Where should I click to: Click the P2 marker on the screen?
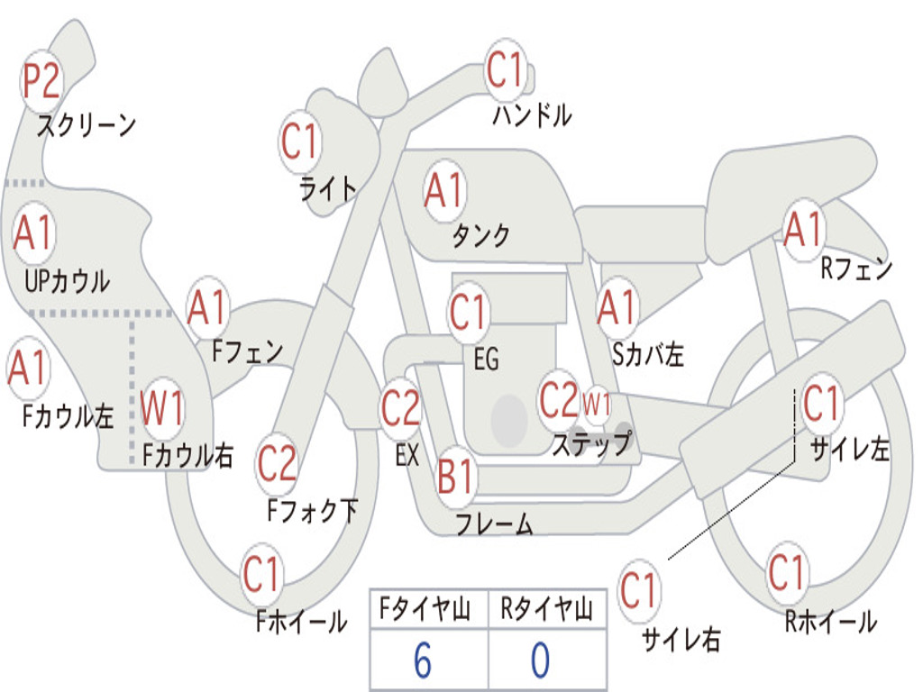tap(41, 81)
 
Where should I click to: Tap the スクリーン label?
tap(87, 124)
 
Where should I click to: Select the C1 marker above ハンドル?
tap(505, 70)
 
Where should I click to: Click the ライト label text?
tap(328, 189)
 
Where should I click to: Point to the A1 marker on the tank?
tap(444, 191)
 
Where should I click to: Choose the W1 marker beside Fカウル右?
tap(162, 407)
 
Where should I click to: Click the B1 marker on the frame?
tap(455, 476)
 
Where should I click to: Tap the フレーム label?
tap(495, 524)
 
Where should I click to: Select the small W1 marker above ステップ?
tap(597, 405)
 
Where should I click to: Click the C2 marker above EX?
tap(400, 408)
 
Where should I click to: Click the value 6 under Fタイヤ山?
tap(423, 660)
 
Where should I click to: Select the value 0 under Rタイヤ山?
tap(541, 660)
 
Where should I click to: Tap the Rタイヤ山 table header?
tap(547, 609)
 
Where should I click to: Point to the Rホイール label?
tap(830, 622)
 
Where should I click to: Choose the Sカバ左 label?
tap(647, 354)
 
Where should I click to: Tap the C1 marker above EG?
tap(468, 311)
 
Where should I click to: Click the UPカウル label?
tap(67, 282)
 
